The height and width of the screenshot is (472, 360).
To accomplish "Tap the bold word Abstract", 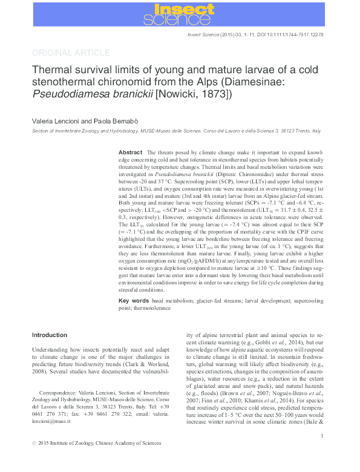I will click(x=130, y=152).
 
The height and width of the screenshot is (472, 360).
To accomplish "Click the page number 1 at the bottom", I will click(x=321, y=453).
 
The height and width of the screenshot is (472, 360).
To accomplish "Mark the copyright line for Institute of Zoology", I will click(x=97, y=461).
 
